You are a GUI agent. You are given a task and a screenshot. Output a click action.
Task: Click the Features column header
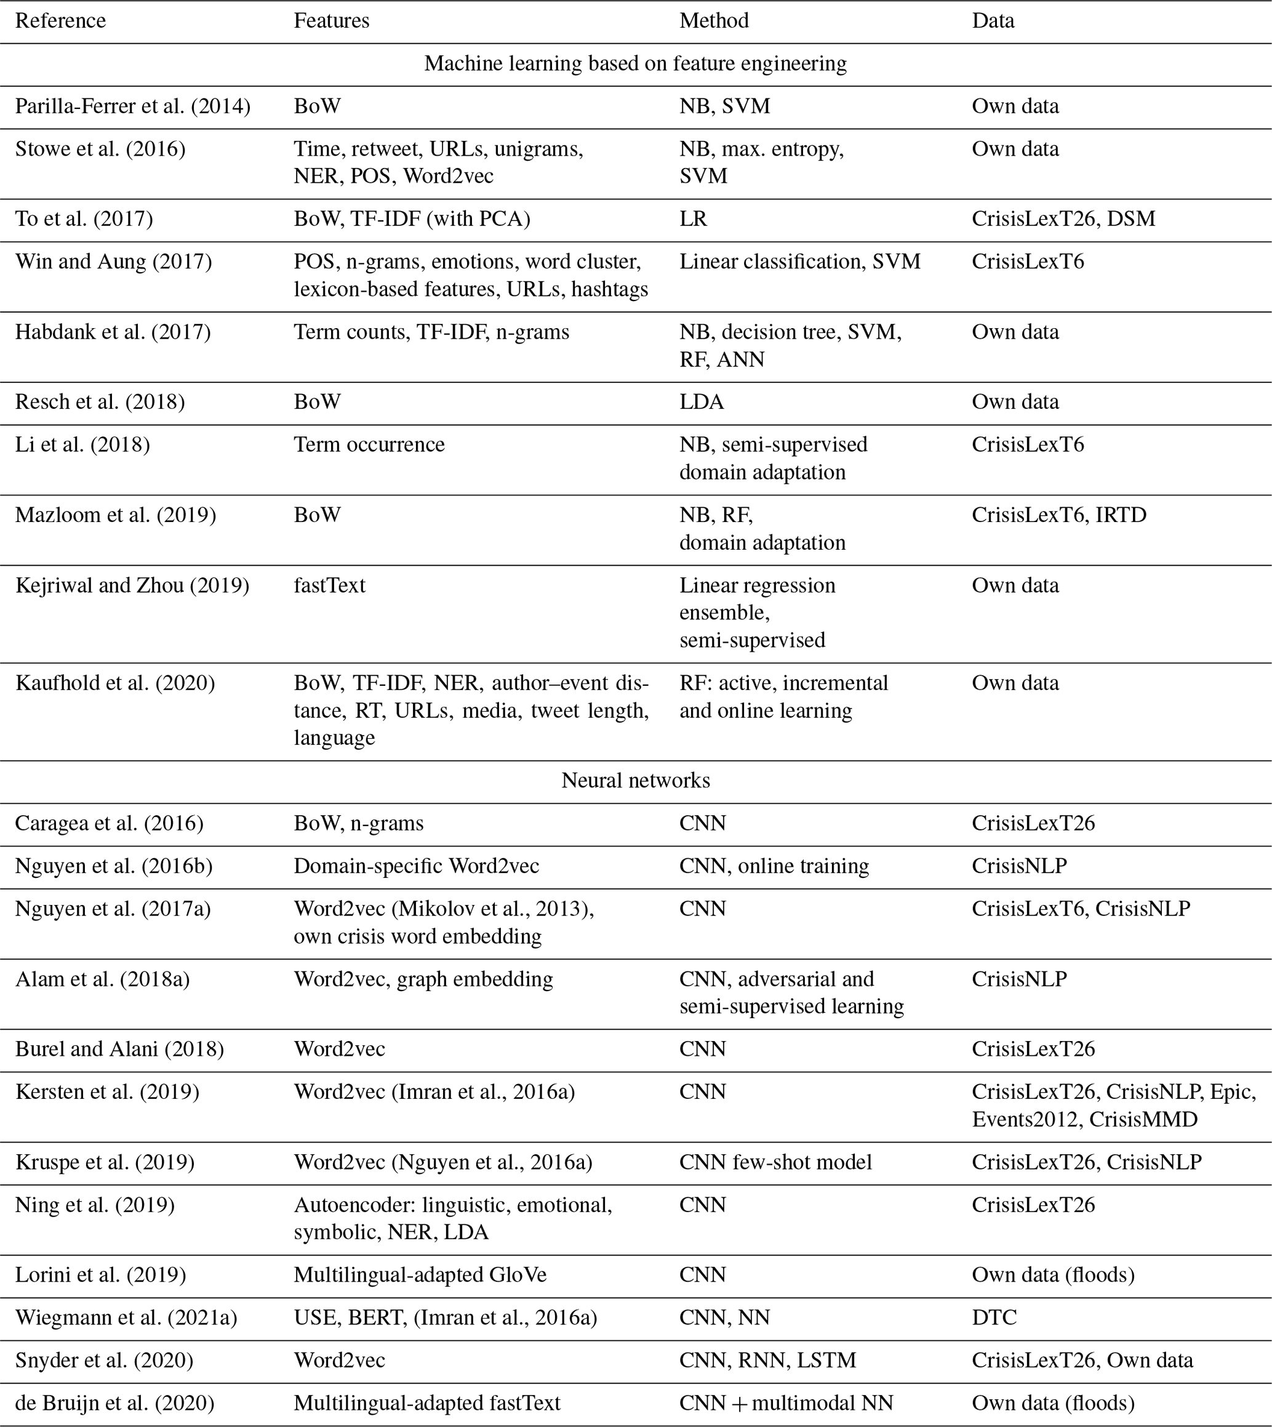331,21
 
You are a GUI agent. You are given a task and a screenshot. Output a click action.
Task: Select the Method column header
714,21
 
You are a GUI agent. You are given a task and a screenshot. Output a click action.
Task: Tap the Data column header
993,21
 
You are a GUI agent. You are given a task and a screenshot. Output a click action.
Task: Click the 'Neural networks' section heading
635,780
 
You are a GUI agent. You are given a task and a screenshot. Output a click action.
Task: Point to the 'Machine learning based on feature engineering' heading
635,63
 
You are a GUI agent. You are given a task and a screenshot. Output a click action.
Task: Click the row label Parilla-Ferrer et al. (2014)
133,107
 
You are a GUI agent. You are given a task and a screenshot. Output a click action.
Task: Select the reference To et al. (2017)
84,219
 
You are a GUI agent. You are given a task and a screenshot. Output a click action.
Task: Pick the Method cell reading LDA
702,402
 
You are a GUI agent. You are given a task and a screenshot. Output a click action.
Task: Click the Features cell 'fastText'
329,585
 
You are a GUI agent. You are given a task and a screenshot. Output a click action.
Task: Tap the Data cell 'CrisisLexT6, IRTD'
1059,515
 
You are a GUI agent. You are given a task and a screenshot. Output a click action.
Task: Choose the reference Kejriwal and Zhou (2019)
132,585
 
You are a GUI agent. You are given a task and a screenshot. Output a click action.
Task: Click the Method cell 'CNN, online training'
774,866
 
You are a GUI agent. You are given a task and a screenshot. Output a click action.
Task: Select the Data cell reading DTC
994,1317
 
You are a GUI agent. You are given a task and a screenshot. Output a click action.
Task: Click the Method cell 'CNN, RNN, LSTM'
767,1360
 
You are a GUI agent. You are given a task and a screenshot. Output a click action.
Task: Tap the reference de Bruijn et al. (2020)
114,1403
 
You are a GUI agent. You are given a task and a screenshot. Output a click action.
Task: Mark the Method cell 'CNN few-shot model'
775,1162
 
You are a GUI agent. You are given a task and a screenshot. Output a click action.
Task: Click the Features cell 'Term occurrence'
369,444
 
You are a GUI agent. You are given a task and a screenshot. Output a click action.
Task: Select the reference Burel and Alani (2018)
119,1050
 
